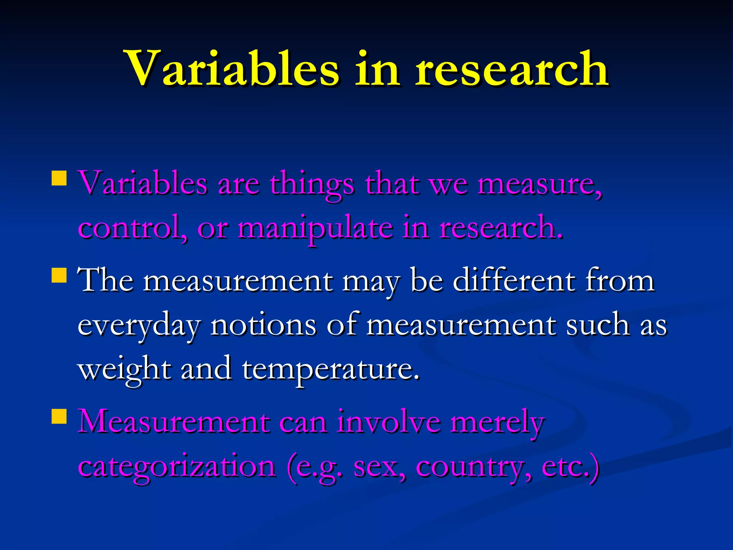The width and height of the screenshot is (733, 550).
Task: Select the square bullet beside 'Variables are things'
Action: point(59,178)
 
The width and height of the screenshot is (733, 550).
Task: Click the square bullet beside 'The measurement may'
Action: point(59,275)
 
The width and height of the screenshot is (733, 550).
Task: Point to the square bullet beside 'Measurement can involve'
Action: point(59,416)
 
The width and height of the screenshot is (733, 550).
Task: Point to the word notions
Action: point(263,324)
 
